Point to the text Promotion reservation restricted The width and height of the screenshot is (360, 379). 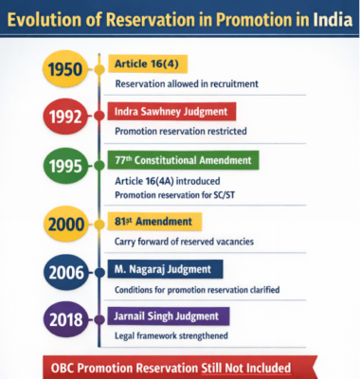click(180, 131)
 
